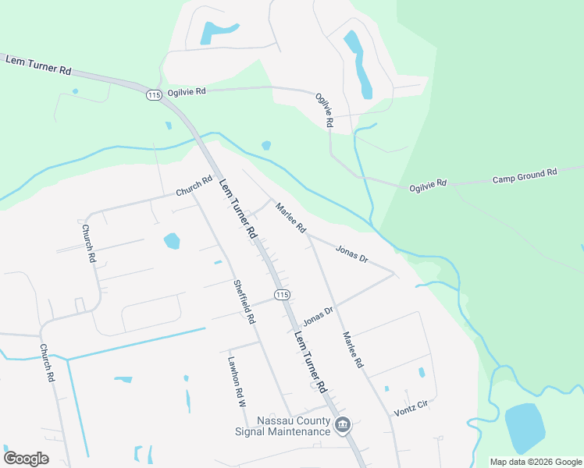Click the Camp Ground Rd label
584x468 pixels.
(x=525, y=175)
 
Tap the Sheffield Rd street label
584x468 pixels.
(x=244, y=302)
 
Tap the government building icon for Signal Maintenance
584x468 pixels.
(x=342, y=426)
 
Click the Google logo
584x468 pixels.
(x=26, y=458)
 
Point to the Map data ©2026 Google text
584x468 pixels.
(x=536, y=462)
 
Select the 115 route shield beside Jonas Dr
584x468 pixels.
(x=282, y=294)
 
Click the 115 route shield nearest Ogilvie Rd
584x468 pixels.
(x=153, y=94)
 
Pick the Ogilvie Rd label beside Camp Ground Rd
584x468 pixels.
(x=428, y=186)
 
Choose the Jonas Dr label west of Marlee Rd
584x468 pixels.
(x=318, y=315)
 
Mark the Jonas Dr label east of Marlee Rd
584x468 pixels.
(x=351, y=253)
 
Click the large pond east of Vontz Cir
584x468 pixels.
(x=524, y=428)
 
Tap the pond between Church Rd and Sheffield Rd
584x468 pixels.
(x=172, y=241)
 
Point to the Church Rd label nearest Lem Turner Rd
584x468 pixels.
(x=194, y=186)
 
